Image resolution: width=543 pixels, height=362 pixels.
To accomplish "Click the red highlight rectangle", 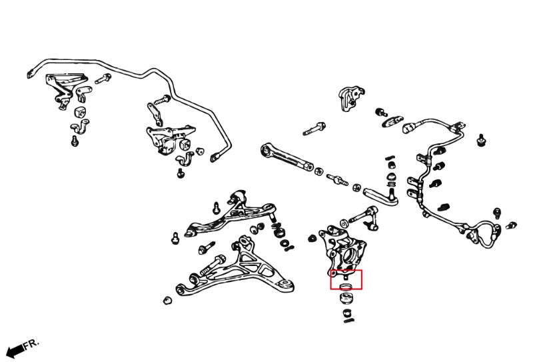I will [346, 280].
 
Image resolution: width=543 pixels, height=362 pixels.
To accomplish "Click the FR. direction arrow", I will [13, 351].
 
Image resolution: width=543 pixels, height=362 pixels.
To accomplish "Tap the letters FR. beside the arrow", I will [31, 344].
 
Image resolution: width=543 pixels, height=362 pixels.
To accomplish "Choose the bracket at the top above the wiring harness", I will [350, 96].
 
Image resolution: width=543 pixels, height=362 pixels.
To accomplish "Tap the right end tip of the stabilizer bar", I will [215, 158].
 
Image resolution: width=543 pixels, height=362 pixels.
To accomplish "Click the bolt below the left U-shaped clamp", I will [75, 141].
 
